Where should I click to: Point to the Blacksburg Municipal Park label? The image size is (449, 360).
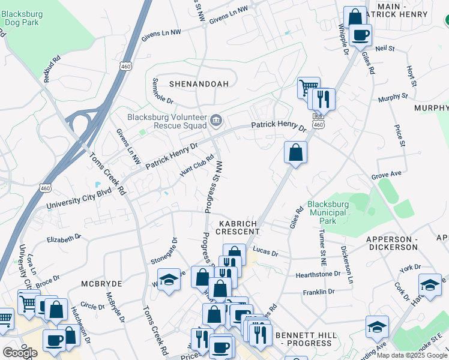[x=327, y=208]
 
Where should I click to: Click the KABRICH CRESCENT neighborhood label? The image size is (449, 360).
[x=234, y=227]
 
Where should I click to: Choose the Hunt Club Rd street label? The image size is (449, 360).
[x=197, y=167]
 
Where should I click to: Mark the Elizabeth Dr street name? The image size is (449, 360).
[x=64, y=238]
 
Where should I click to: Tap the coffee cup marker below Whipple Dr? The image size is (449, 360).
[x=360, y=35]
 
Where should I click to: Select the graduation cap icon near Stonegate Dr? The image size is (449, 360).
[x=169, y=280]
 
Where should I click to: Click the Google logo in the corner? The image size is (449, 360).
[x=20, y=353]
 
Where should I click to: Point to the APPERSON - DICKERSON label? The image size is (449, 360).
[x=392, y=243]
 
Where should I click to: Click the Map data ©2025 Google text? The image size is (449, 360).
[x=412, y=355]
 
